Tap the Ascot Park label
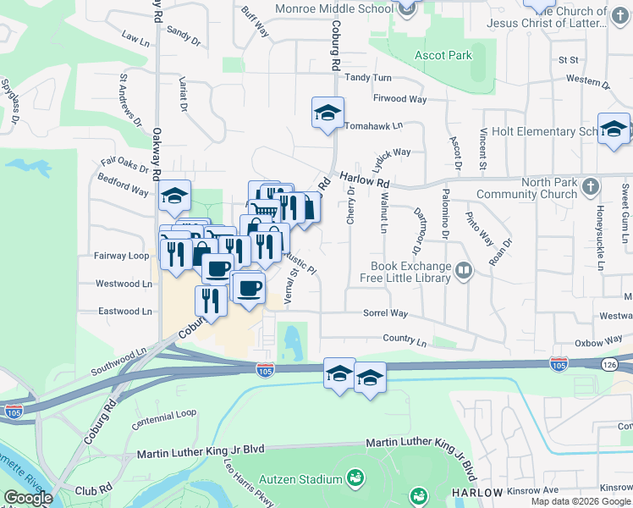coord(443,56)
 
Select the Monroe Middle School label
coord(334,8)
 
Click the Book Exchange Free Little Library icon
coord(463,270)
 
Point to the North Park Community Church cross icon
coord(591,185)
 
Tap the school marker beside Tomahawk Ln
coord(327,113)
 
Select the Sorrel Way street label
coord(385,313)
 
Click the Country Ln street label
coord(405,340)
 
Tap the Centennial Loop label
coord(163,413)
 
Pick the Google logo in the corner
coord(27,498)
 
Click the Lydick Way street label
coord(391,152)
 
